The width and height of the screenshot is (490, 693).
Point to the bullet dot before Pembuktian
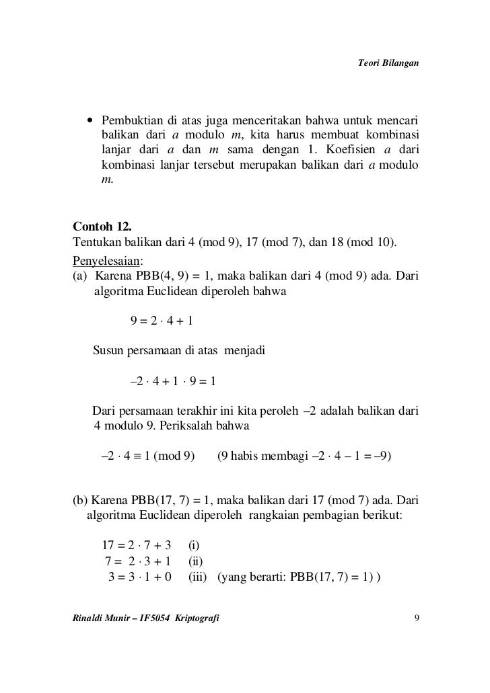tap(89, 121)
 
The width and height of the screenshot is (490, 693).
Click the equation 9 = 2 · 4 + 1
tap(162, 321)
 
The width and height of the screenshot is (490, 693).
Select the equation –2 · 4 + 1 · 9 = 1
tap(172, 382)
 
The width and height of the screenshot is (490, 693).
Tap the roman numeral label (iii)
tap(197, 576)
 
